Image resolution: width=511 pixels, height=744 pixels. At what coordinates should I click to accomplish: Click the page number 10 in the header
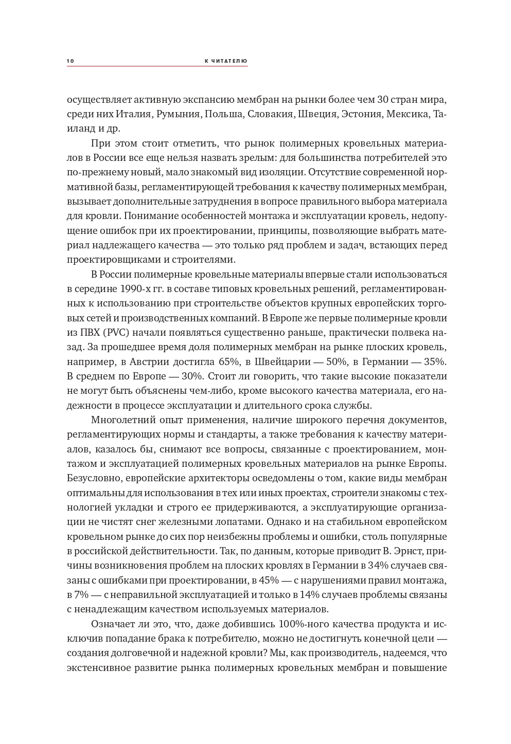(70, 61)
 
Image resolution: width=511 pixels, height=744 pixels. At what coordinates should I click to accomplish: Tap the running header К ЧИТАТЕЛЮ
(226, 61)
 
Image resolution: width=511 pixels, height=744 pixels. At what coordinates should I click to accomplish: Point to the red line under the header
(157, 66)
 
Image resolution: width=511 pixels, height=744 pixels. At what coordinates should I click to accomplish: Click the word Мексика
(408, 114)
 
